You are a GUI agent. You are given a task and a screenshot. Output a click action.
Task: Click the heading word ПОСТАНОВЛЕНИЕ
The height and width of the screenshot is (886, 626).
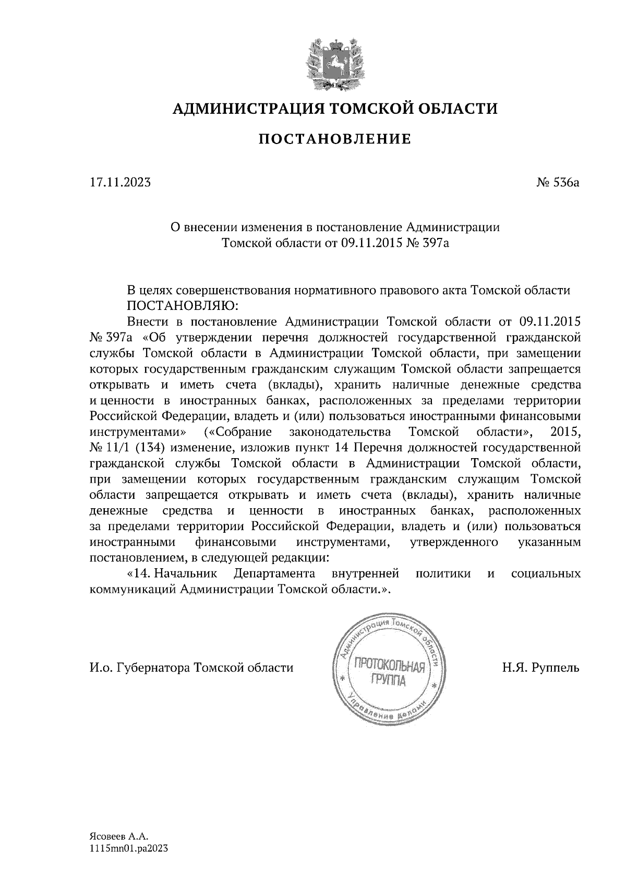pyautogui.click(x=335, y=139)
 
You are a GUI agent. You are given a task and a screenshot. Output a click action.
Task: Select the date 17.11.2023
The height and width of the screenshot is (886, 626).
pyautogui.click(x=120, y=183)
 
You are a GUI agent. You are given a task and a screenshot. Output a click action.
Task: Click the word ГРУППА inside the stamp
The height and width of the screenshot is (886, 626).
pyautogui.click(x=388, y=680)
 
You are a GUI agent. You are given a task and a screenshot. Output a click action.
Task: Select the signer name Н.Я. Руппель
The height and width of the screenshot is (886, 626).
pyautogui.click(x=541, y=668)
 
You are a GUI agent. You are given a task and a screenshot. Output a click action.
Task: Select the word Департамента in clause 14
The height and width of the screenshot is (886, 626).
pyautogui.click(x=274, y=574)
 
